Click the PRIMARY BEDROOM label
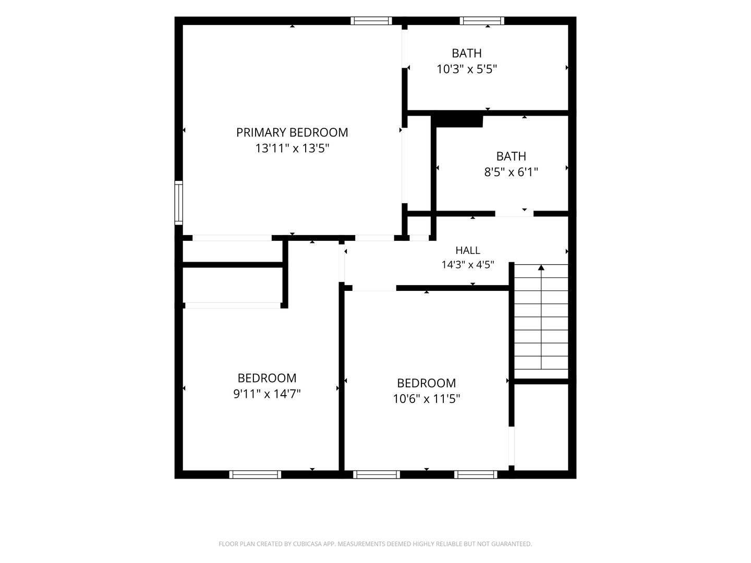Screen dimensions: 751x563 coord(292,132)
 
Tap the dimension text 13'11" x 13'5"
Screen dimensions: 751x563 coord(292,149)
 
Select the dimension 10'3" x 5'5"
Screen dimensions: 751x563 coord(467,69)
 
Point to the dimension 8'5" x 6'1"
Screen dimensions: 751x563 coord(511,172)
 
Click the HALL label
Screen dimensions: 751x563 coord(468,251)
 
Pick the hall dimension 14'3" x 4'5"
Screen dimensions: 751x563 coord(468,265)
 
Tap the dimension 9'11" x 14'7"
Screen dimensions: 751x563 coord(267,394)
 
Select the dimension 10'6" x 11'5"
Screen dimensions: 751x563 coord(426,399)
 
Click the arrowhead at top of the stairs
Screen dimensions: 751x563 coord(541,267)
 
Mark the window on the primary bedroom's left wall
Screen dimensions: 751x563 coord(178,203)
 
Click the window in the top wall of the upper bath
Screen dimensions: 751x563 coord(482,21)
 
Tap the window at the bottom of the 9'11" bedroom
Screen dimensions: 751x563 coord(255,474)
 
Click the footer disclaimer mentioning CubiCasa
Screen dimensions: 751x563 coord(375,544)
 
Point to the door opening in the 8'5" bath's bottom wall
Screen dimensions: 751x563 coord(514,214)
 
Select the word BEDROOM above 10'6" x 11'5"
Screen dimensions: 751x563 coord(426,383)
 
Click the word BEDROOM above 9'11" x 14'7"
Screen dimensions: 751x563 coord(267,378)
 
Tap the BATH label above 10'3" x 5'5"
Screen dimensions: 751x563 coord(467,53)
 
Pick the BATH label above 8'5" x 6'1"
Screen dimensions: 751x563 coord(511,156)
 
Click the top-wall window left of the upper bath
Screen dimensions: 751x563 coord(371,21)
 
